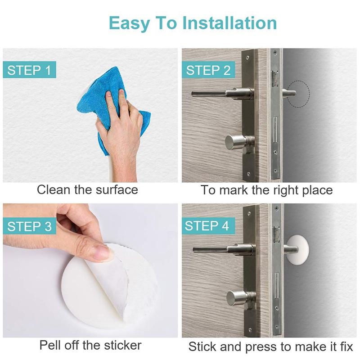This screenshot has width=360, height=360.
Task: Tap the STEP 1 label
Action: (x=29, y=70)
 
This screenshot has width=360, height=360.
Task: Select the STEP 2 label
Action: (x=208, y=70)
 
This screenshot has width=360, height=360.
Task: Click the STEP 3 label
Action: (x=29, y=226)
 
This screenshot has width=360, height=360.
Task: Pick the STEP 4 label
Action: (x=208, y=226)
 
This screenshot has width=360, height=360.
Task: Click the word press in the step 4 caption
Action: (x=259, y=347)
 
